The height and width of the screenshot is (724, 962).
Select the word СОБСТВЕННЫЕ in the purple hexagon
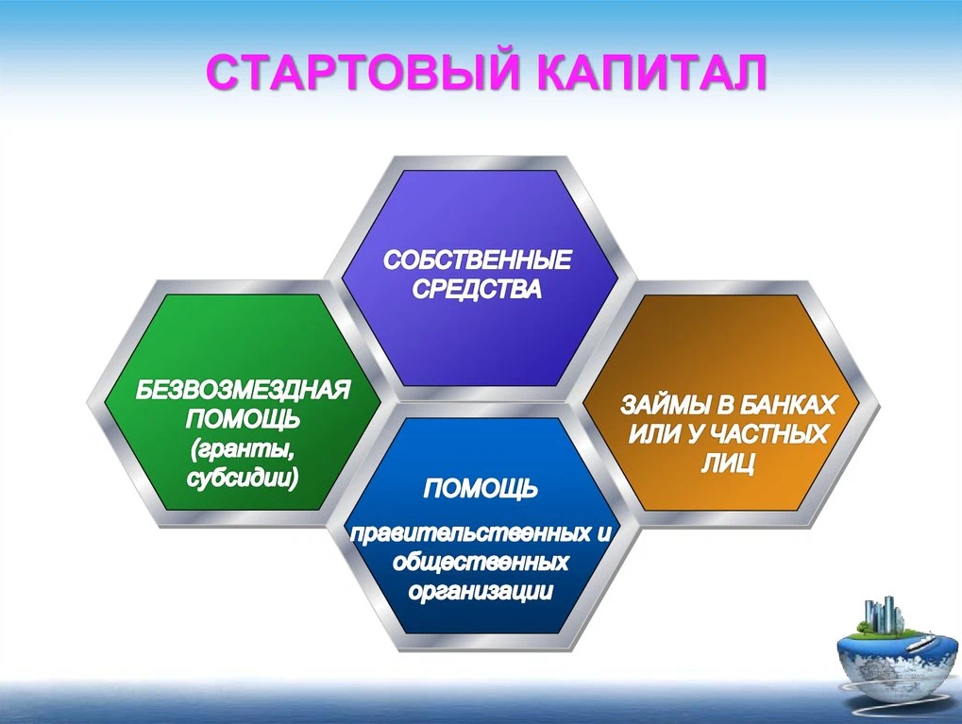[x=478, y=261]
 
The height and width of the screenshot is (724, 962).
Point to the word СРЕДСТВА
[x=478, y=289]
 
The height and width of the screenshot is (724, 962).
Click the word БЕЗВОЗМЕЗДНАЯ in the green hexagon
[x=243, y=390]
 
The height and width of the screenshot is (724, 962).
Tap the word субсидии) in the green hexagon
[x=243, y=479]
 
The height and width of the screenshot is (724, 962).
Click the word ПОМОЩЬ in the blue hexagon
[x=481, y=489]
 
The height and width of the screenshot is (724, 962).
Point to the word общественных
[x=481, y=562]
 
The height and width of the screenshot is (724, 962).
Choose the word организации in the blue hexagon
[x=481, y=592]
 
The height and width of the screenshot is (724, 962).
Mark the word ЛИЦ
[x=728, y=463]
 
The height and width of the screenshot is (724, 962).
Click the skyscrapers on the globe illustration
[x=885, y=615]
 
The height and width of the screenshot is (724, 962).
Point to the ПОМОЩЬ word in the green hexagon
[x=243, y=420]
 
